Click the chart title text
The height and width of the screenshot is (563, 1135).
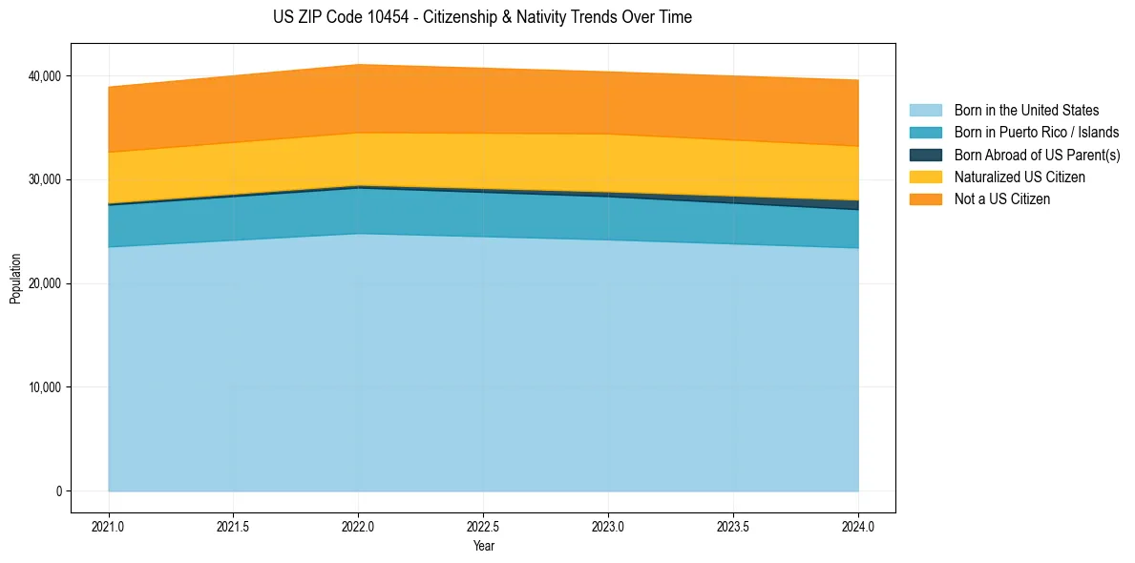coord(482,17)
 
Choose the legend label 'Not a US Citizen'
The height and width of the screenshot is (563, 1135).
coord(1001,199)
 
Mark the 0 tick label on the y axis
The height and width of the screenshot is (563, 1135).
coord(58,491)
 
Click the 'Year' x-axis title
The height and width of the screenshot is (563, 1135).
coord(483,547)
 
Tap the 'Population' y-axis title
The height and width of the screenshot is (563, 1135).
coord(15,279)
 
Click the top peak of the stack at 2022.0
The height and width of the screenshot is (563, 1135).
coord(359,65)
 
